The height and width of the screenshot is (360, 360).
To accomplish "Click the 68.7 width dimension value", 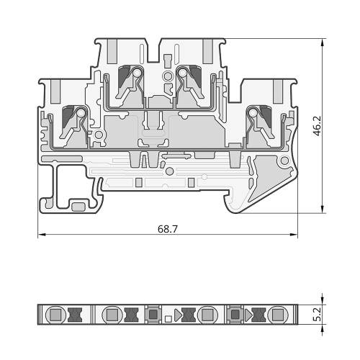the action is point(168,229).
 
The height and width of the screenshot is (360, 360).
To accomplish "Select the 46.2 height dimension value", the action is point(318,127).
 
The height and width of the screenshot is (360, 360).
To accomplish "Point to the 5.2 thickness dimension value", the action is point(318,315).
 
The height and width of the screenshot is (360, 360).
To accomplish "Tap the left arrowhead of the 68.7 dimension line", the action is point(42,235).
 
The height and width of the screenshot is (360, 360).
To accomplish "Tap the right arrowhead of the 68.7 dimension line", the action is point(294,235).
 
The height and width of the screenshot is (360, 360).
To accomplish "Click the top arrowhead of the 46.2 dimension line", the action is point(323,42).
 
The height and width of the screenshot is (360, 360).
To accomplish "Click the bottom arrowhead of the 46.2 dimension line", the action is point(323,209).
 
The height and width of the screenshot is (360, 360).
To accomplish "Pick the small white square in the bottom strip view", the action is point(168,319).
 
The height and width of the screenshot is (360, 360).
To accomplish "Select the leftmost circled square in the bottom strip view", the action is point(55,315).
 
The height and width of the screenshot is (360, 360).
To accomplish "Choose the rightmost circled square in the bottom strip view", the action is point(278,315).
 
